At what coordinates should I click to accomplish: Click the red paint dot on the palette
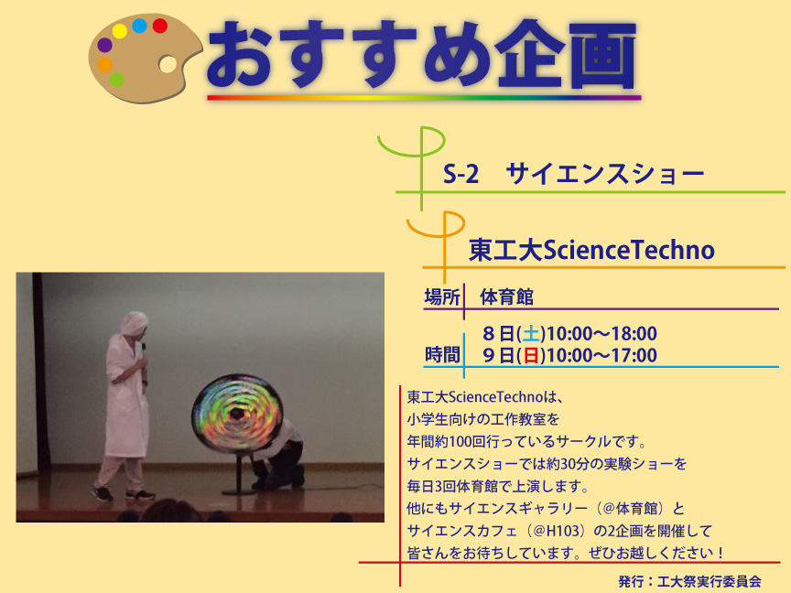160,26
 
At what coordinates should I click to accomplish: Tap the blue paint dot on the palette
139,26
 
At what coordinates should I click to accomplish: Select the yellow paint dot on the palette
120,31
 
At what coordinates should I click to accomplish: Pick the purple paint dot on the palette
105,45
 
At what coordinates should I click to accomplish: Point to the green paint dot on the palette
117,80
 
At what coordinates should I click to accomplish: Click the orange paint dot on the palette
105,65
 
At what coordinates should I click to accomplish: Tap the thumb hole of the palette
168,64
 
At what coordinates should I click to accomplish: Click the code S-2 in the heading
461,175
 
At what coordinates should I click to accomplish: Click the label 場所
442,297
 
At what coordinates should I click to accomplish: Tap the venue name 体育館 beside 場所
506,297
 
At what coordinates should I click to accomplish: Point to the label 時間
442,354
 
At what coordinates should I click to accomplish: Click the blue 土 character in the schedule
531,334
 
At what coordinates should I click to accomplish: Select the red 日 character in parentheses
531,355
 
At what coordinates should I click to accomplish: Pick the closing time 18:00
634,334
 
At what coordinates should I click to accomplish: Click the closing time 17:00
634,355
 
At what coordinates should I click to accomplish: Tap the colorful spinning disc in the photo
237,413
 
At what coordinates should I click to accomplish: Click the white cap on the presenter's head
135,322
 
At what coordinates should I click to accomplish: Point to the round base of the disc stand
239,491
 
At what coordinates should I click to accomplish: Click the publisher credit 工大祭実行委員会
710,581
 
